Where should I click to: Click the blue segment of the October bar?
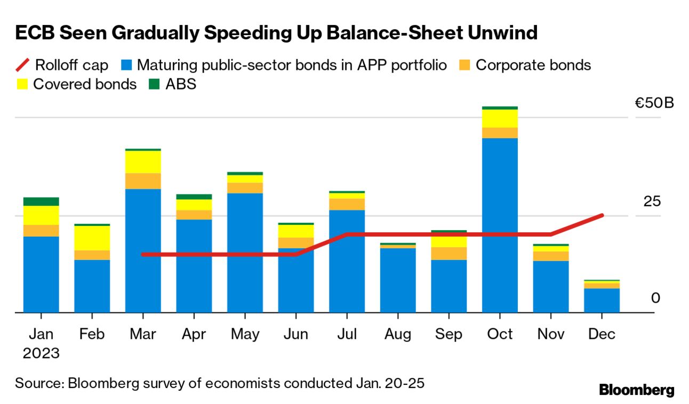500,224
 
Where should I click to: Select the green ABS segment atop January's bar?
41,201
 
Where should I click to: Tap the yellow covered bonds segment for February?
92,238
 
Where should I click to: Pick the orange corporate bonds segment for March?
143,181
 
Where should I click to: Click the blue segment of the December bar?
602,300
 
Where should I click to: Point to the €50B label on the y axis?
654,102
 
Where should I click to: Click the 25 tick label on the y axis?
652,201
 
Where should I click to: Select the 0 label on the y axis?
655,298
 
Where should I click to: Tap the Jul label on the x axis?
347,334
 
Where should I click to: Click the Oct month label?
500,334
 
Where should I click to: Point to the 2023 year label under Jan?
41,353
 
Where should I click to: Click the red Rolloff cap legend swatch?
22,66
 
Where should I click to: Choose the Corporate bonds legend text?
533,65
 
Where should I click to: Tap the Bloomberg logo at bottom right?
637,390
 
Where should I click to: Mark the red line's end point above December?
602,215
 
